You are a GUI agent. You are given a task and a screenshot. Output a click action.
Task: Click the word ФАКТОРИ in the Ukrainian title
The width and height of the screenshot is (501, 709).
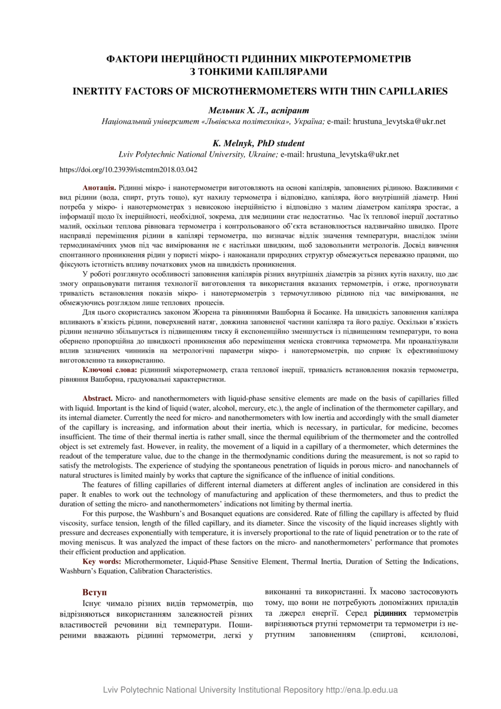[136, 59]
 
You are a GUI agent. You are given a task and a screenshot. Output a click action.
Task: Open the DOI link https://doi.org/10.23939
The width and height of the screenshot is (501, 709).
[129, 170]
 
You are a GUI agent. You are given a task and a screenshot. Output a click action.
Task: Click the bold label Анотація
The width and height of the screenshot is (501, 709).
[100, 188]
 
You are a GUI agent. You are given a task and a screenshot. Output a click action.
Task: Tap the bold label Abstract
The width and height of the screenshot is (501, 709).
[98, 398]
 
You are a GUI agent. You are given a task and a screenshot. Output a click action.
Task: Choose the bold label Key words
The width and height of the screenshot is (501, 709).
[101, 562]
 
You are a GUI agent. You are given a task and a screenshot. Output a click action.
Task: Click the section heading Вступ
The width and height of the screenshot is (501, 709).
[94, 592]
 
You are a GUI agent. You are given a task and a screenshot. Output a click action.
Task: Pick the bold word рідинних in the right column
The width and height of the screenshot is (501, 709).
[390, 614]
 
